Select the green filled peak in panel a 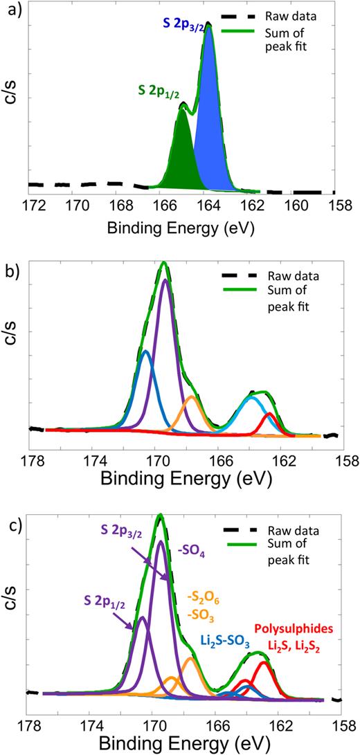181,152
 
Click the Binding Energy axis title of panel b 183,478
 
